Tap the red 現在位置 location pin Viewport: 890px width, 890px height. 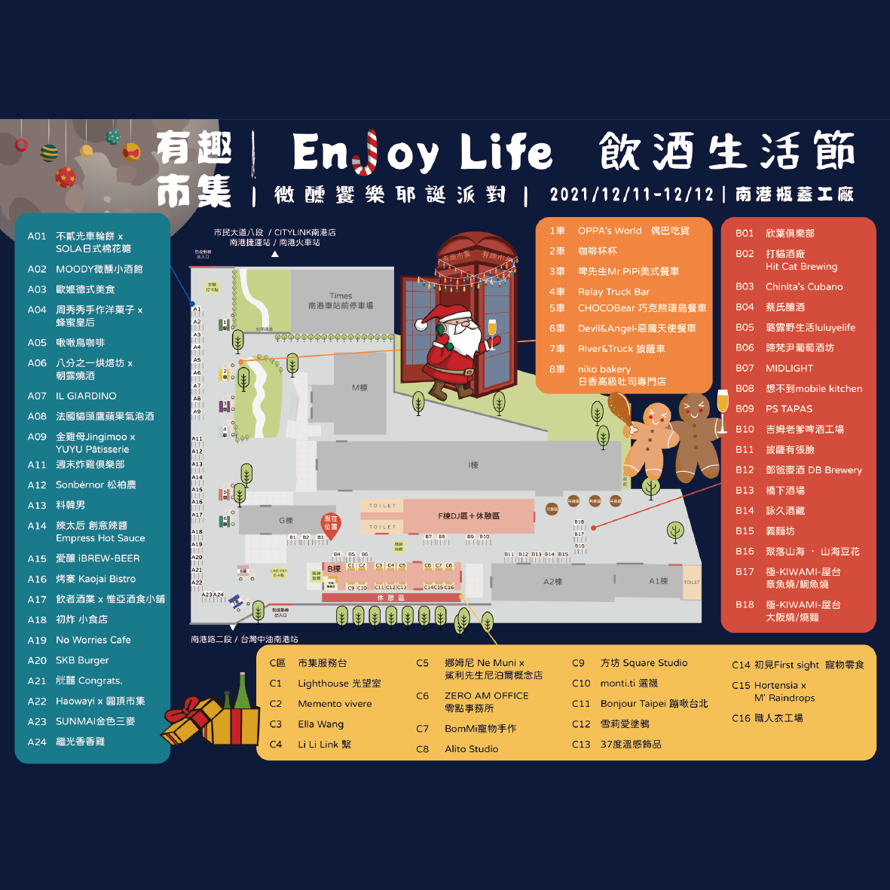(x=331, y=524)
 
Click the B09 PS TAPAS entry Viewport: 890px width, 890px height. (x=788, y=408)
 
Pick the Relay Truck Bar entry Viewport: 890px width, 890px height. (x=613, y=292)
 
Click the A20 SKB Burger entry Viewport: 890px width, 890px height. (x=82, y=660)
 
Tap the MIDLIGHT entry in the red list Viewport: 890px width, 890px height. (x=789, y=368)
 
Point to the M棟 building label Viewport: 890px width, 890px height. (x=359, y=387)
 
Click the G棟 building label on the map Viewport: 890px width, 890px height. (x=286, y=521)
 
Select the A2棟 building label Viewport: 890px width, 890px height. (x=552, y=582)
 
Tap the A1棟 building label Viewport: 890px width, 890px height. (x=658, y=581)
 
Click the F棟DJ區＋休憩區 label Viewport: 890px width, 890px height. (x=469, y=516)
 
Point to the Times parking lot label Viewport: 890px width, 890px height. (x=341, y=301)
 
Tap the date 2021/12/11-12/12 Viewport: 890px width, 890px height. (x=632, y=194)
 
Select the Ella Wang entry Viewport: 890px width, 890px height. (x=320, y=724)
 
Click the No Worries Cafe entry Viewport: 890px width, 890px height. (x=93, y=640)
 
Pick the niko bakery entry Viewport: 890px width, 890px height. (x=621, y=375)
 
